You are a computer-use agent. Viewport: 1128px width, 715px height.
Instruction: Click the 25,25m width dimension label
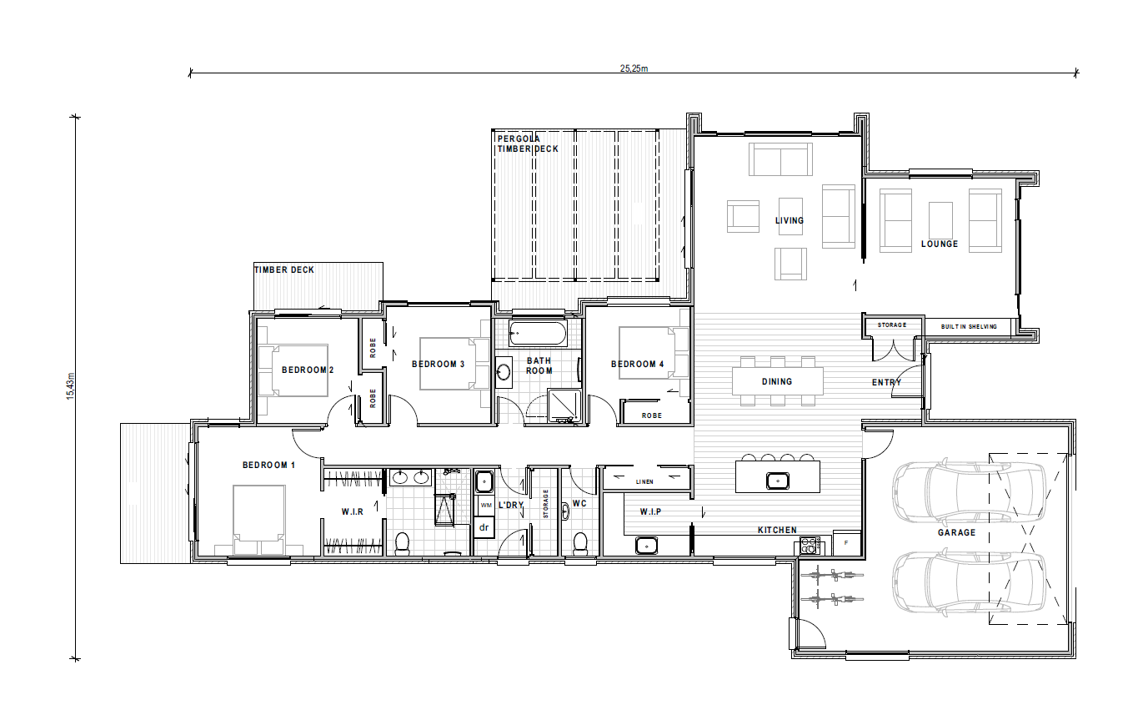coord(634,68)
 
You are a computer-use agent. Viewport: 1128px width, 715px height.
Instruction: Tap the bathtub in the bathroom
coord(538,335)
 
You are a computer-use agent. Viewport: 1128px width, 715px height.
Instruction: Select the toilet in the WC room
coord(581,542)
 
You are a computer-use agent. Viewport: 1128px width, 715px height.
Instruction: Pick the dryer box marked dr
coord(484,527)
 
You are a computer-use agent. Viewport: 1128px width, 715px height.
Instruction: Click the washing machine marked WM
coord(485,506)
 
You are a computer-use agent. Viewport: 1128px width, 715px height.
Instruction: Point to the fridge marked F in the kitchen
coord(847,543)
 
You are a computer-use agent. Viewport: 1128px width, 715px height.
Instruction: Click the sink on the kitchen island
coord(777,480)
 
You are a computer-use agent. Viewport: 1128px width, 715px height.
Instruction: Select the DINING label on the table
coord(776,381)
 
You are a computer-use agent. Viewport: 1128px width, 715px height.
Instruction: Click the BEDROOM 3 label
coord(439,364)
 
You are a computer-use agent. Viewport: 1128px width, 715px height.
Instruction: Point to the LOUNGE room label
coord(940,244)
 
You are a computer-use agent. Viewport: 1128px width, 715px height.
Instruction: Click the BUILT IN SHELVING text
coord(969,326)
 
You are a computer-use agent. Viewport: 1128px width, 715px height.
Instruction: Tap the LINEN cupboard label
coord(644,482)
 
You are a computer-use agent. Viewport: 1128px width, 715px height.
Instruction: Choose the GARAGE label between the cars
coord(956,532)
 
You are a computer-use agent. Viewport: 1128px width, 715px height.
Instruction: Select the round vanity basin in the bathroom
coord(504,372)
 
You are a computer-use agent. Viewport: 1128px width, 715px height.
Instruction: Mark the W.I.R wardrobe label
coord(352,511)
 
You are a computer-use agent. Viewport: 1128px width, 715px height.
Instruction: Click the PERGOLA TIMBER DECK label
coord(527,144)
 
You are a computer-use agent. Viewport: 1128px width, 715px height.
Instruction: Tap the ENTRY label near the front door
coord(886,382)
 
